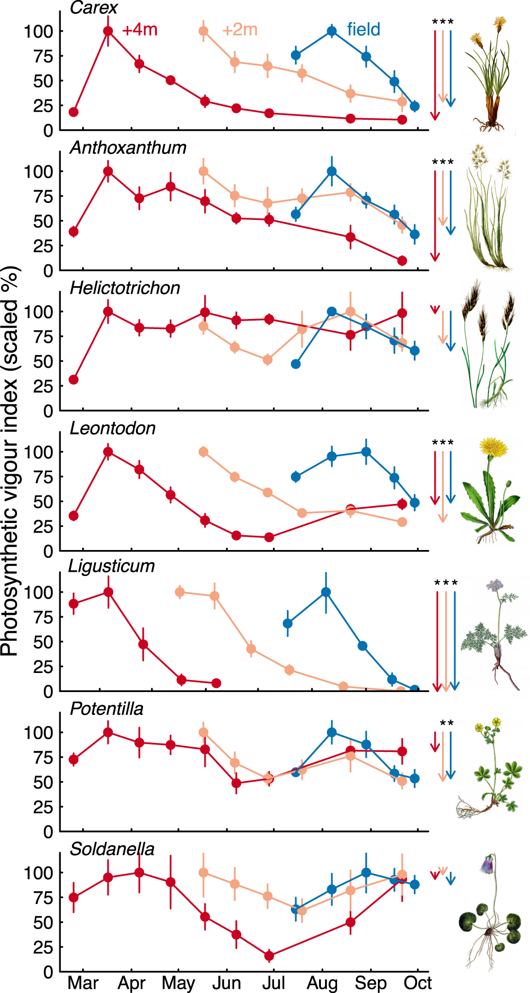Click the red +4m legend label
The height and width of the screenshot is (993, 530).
139,30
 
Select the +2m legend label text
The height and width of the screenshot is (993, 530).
240,30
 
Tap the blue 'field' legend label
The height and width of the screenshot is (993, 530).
364,30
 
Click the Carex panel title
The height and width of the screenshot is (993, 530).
93,7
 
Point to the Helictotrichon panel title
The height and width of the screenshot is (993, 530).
125,288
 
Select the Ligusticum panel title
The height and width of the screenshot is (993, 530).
111,566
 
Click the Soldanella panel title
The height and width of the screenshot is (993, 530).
112,849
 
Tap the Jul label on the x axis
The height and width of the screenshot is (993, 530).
273,983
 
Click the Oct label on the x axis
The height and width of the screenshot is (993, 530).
417,983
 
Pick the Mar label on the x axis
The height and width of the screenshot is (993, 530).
83,983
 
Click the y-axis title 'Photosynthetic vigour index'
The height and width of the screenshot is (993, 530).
10,461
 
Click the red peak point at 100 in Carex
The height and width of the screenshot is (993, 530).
108,31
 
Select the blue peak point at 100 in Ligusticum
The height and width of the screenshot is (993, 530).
326,592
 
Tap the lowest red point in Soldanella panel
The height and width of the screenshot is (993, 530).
269,956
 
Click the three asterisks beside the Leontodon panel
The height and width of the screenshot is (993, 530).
443,442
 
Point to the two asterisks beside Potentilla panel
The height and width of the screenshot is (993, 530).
447,723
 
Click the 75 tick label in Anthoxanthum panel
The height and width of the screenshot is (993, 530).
42,197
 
